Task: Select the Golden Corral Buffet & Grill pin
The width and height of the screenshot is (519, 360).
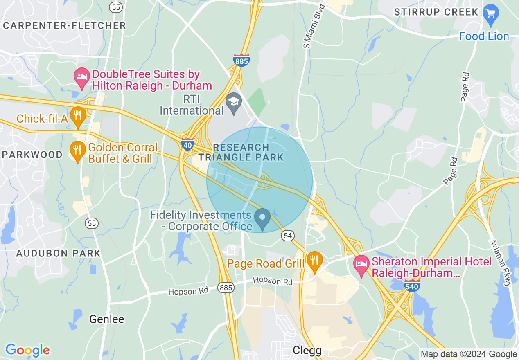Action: pos(77,151)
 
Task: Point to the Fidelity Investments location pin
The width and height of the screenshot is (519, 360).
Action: pos(262,218)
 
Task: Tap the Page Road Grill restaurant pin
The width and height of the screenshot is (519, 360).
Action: pos(314,261)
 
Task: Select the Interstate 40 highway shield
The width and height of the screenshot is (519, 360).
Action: pos(187,144)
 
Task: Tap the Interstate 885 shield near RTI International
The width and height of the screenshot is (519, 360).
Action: pos(241,61)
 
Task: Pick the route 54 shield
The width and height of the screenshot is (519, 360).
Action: pos(288,235)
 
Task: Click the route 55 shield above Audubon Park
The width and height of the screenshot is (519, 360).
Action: pos(91,223)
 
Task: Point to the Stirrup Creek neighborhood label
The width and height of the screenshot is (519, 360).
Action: pos(436,12)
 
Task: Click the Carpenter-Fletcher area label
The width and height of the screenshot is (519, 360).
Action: pos(65,25)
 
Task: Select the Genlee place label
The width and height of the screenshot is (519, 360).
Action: pos(106,319)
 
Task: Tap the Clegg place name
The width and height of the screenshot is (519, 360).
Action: pos(307,351)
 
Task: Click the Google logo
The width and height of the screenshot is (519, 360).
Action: pos(27,350)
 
